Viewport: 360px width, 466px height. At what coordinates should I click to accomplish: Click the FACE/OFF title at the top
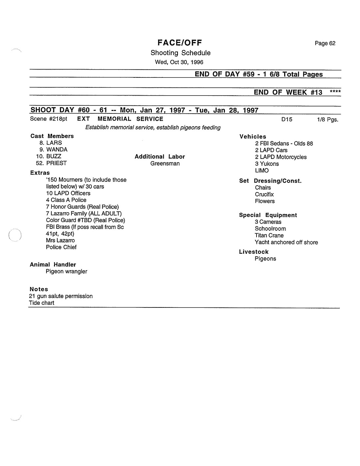[x=180, y=43]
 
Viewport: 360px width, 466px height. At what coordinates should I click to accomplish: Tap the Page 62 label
[x=325, y=43]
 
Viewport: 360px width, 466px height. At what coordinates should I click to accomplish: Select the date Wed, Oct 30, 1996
[x=179, y=62]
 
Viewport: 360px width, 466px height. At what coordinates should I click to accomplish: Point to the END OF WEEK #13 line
[x=288, y=92]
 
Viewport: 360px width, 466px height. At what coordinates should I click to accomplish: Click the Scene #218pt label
[x=48, y=119]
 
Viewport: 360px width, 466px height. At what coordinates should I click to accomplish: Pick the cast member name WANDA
[x=57, y=150]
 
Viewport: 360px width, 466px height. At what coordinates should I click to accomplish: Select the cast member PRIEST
[x=56, y=163]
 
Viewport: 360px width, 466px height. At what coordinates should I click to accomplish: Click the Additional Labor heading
[x=160, y=157]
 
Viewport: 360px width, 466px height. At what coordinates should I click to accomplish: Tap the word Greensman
[x=165, y=163]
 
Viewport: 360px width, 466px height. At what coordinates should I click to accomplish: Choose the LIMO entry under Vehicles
[x=262, y=170]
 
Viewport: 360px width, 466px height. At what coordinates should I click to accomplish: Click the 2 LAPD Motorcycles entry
[x=281, y=157]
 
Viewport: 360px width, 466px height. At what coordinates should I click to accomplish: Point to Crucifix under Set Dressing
[x=264, y=194]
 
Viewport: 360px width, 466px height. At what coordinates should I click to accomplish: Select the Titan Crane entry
[x=269, y=235]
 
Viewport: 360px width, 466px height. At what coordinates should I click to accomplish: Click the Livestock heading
[x=254, y=252]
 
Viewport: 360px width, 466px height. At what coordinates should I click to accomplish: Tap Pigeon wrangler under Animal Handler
[x=67, y=272]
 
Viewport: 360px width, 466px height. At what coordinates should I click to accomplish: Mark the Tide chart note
[x=42, y=303]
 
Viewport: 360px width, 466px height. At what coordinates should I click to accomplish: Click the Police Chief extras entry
[x=61, y=247]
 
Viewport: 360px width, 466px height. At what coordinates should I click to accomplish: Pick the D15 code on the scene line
[x=287, y=119]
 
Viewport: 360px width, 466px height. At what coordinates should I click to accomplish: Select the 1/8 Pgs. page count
[x=327, y=120]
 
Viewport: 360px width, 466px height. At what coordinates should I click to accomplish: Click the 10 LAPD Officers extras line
[x=68, y=193]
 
